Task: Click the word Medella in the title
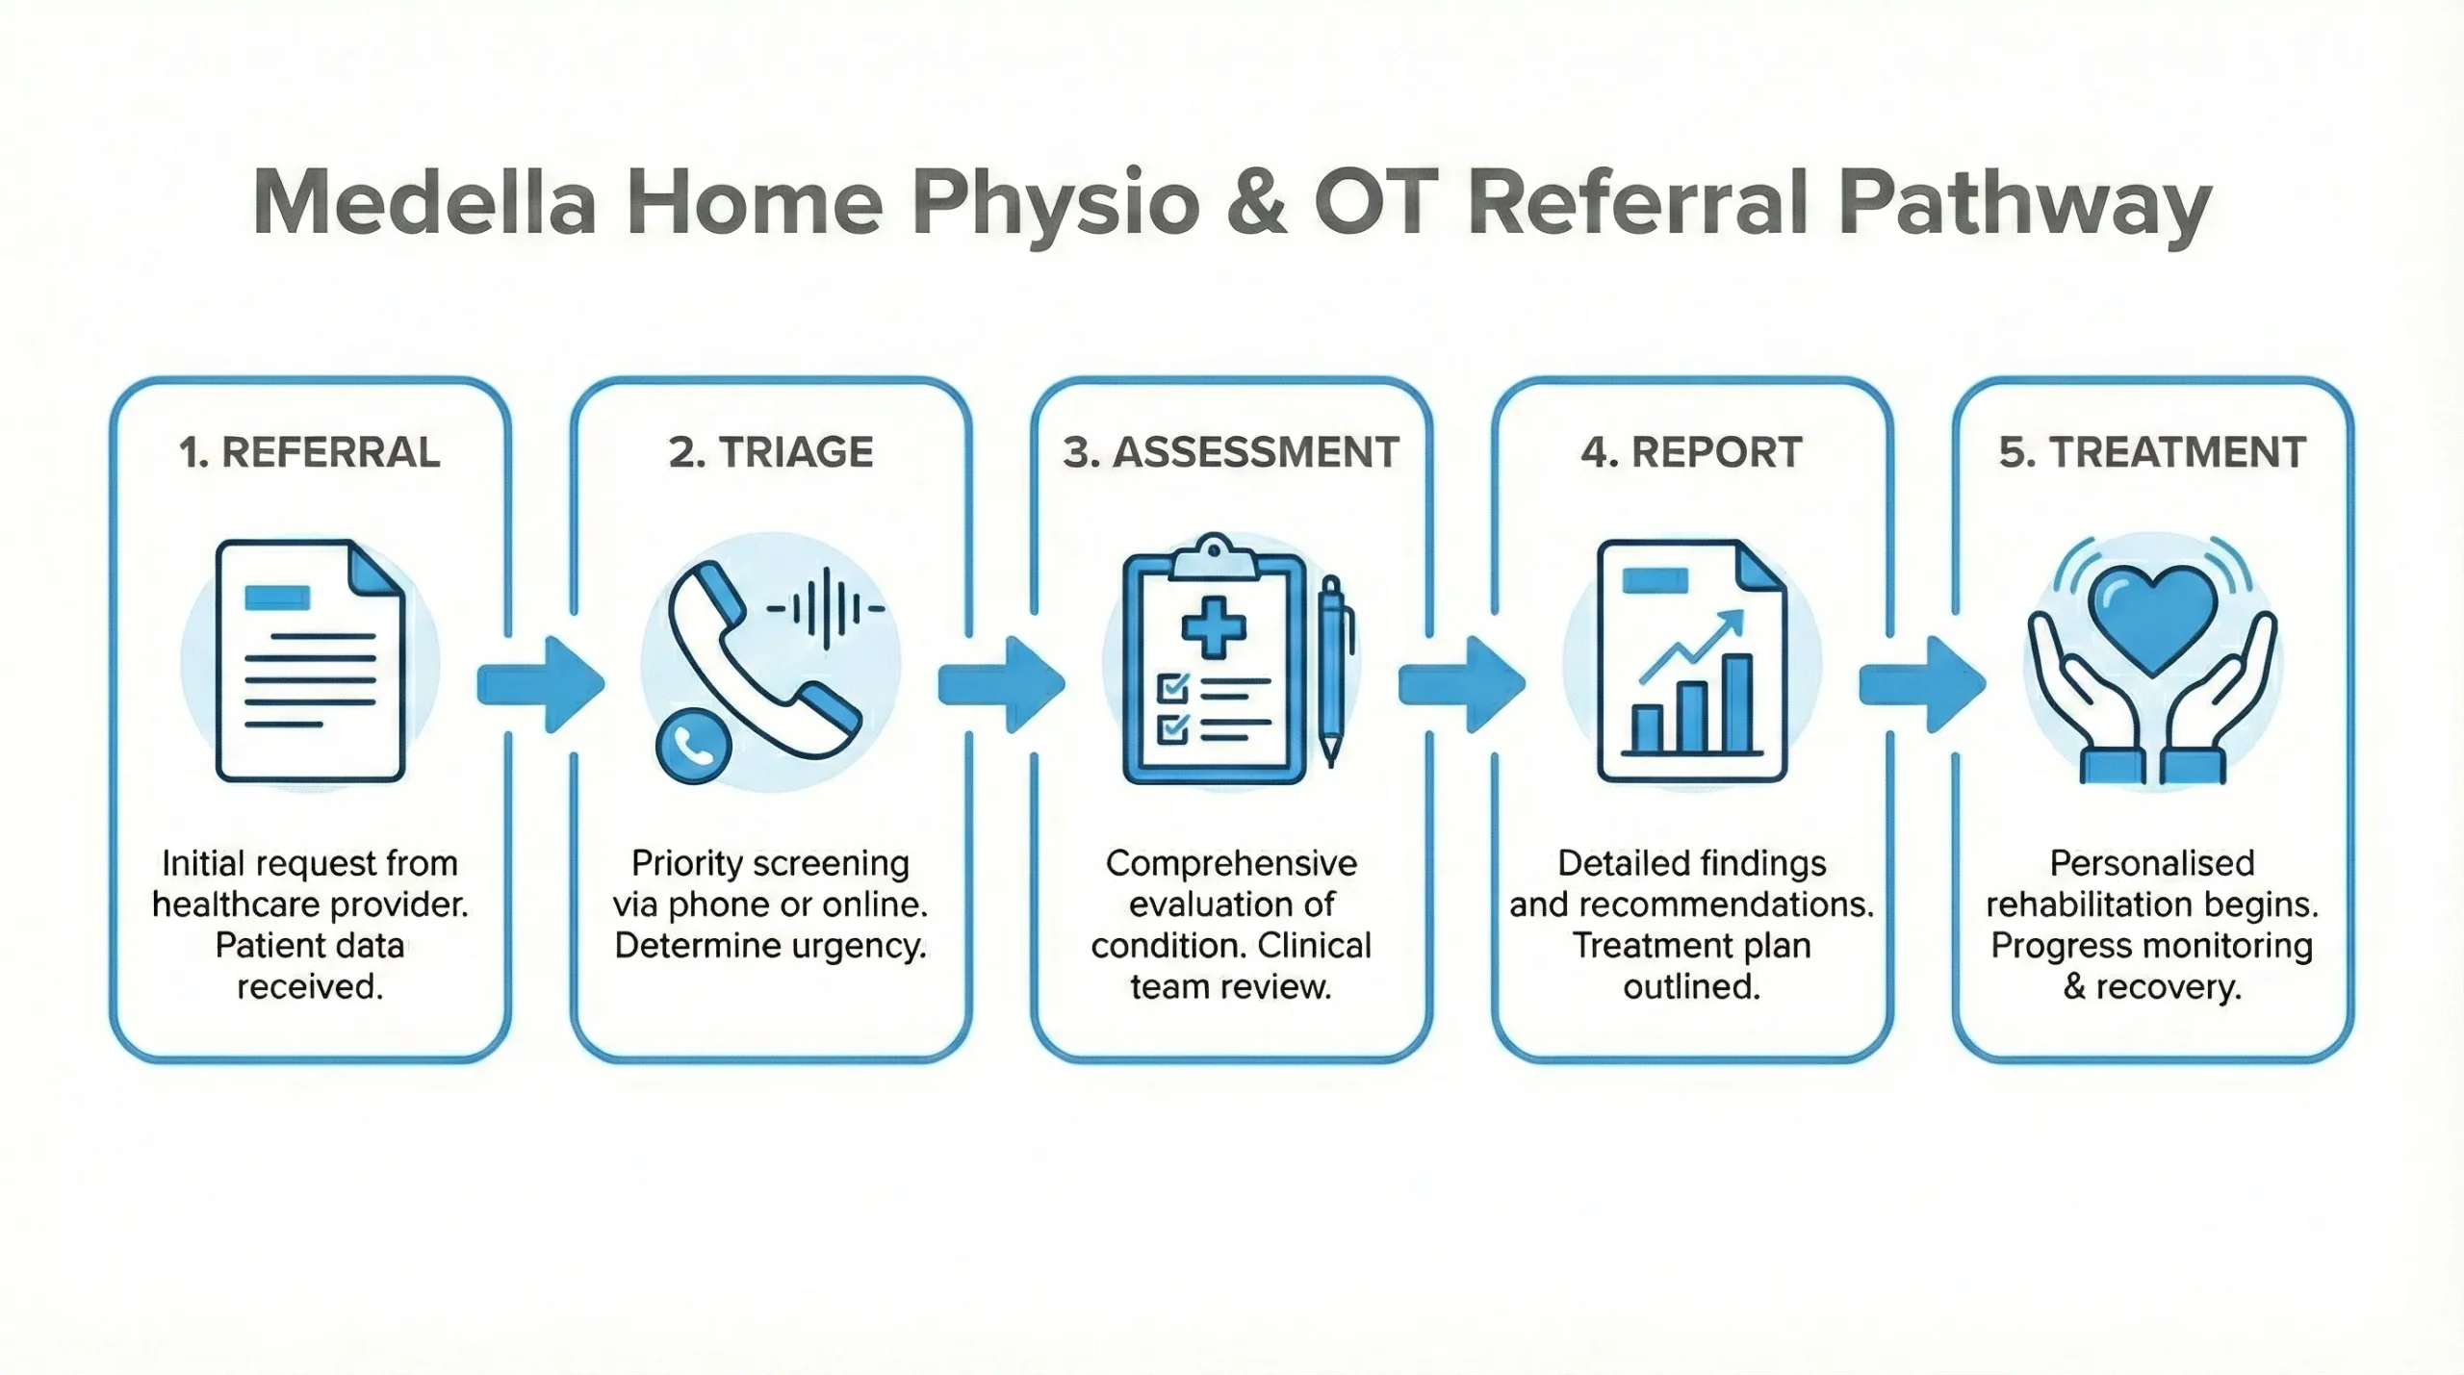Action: (424, 203)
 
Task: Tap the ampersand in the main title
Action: (1256, 203)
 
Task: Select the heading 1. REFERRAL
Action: (309, 452)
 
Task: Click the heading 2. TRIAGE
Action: (770, 452)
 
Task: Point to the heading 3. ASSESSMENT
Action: (1231, 452)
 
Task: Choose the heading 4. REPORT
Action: (1691, 452)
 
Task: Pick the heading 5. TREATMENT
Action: (2152, 452)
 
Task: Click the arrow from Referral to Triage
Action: (541, 684)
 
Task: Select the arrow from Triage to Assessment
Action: (1002, 684)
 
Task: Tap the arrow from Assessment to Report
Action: (1462, 684)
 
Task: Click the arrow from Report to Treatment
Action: (1922, 684)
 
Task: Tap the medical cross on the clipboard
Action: (1214, 627)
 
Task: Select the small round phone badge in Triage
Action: (693, 746)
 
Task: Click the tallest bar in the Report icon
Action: (1736, 702)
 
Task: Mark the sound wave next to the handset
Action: (825, 608)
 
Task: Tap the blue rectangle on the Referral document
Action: (277, 598)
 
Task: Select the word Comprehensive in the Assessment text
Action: (1231, 863)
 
